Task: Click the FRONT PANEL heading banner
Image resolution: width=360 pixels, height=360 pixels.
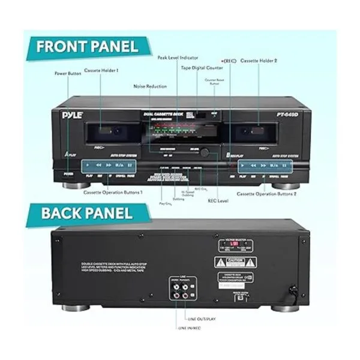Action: click(x=87, y=46)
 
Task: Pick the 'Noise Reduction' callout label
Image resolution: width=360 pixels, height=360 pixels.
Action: click(x=149, y=86)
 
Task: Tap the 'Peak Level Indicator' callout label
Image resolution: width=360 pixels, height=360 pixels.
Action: click(x=178, y=58)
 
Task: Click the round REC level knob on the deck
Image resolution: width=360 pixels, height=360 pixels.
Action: click(x=204, y=152)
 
